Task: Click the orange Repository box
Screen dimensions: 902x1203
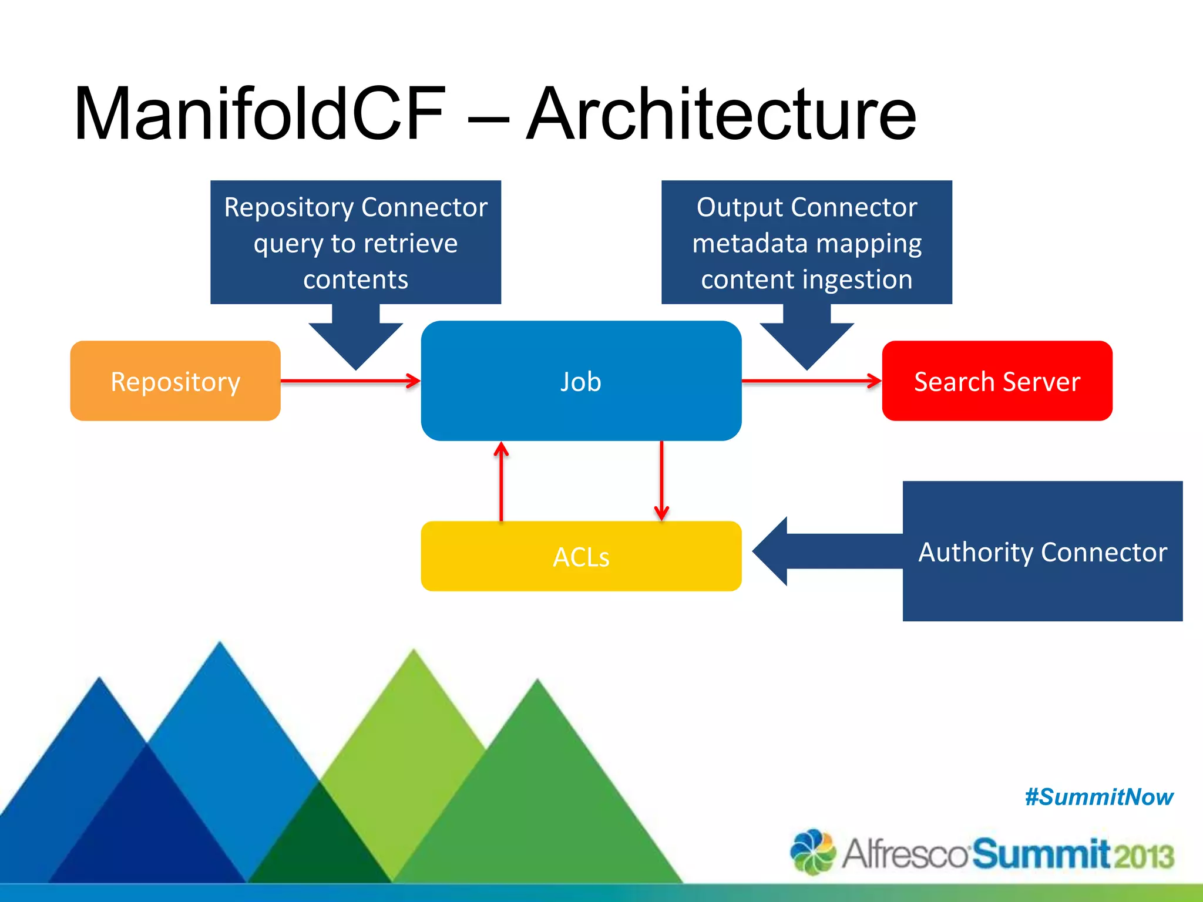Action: click(x=175, y=381)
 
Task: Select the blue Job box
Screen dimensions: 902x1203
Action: click(x=580, y=381)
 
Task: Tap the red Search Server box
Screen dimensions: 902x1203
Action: click(x=997, y=381)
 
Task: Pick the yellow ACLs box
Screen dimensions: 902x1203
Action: click(x=580, y=556)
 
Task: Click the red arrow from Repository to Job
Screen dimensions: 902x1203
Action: click(x=350, y=381)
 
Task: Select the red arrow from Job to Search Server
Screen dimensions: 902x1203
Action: click(x=811, y=381)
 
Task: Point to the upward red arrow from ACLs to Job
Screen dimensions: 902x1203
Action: click(x=501, y=482)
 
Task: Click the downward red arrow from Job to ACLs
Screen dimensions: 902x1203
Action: click(x=661, y=482)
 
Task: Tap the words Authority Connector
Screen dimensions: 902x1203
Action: click(x=1042, y=552)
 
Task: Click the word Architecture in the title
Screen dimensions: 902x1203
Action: click(x=721, y=115)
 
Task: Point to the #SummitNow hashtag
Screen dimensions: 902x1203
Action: click(x=1098, y=797)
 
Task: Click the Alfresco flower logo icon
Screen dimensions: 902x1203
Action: click(x=812, y=851)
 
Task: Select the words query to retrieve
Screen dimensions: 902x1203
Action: click(x=355, y=243)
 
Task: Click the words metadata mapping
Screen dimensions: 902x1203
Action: click(x=807, y=243)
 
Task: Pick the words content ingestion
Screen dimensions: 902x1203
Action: click(x=807, y=280)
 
